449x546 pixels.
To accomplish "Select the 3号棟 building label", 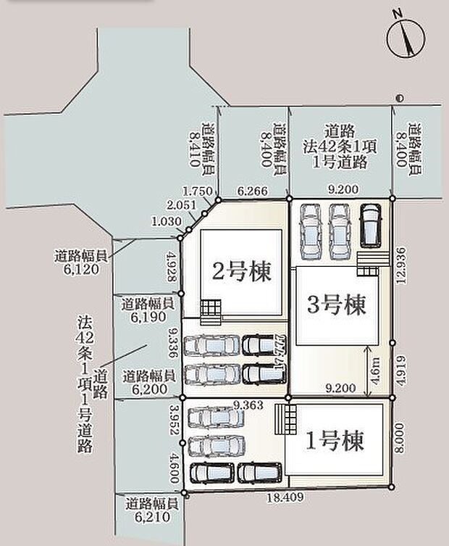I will [x=336, y=305].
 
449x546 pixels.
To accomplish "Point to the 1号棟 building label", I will [x=334, y=440].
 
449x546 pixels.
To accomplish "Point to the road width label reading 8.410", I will [x=200, y=145].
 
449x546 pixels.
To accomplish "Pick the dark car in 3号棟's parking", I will [x=370, y=226].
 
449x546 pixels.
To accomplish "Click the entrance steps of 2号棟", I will [x=209, y=311].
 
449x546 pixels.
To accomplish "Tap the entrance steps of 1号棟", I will [x=290, y=418].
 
